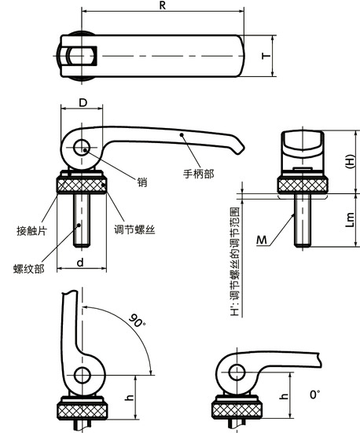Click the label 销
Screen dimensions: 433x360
[142, 182]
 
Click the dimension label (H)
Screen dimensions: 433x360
[350, 162]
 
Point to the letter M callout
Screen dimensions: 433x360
[260, 239]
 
